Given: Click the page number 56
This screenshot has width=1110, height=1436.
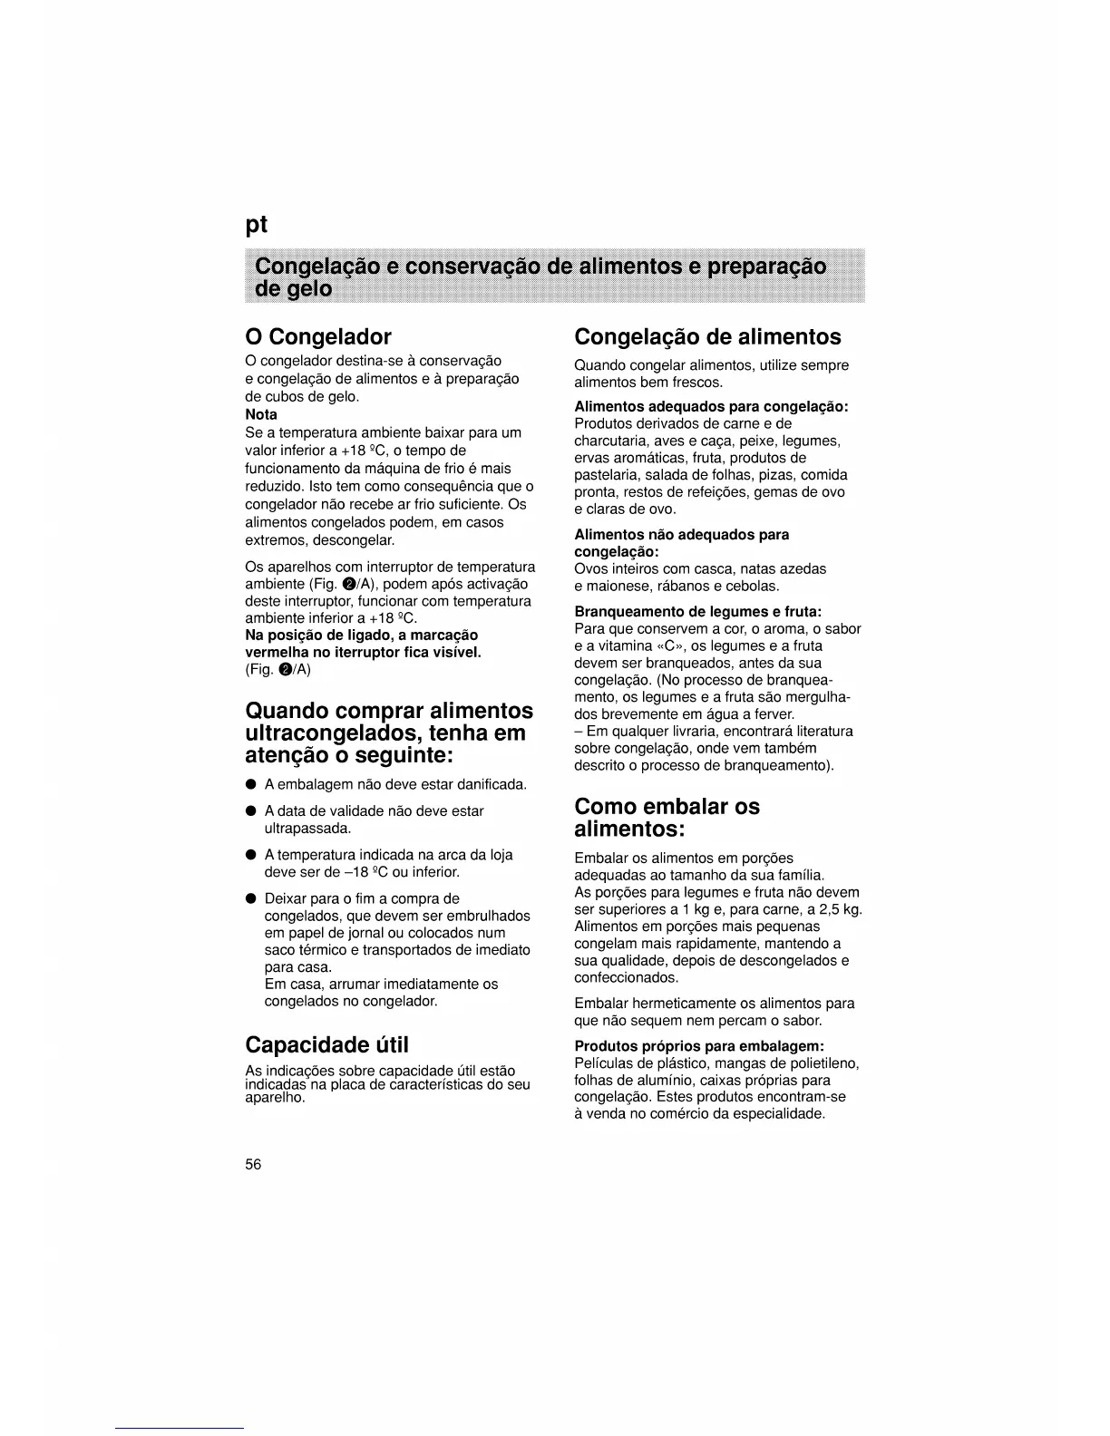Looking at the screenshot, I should (x=253, y=1165).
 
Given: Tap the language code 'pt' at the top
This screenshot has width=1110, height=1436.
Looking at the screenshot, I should (x=258, y=225).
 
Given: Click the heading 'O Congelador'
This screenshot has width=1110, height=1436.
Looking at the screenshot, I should (x=318, y=337).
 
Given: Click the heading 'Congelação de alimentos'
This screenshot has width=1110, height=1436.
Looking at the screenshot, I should (x=707, y=337).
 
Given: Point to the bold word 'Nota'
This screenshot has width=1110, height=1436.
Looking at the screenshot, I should (x=261, y=415).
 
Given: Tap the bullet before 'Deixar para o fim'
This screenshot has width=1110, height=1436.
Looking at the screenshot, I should (x=250, y=899).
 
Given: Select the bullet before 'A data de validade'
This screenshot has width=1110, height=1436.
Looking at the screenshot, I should (x=250, y=811).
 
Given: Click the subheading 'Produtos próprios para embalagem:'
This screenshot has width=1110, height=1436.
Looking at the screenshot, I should (x=699, y=1046).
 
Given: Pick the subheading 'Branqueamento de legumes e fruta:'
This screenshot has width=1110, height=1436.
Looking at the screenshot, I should (x=698, y=612).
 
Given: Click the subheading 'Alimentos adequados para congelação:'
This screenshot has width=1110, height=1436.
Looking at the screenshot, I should (x=711, y=407).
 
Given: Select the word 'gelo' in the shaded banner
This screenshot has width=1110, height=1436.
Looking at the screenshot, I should (x=307, y=289).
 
